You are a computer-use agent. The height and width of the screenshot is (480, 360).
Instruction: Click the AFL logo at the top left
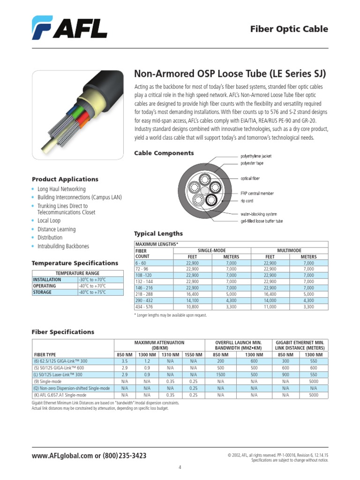(69, 28)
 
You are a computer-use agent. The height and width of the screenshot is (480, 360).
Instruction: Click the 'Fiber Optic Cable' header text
(296, 29)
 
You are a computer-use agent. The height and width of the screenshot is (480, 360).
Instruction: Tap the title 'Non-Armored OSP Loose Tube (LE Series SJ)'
(230, 74)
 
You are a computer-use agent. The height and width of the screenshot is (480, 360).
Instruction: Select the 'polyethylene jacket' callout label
(256, 156)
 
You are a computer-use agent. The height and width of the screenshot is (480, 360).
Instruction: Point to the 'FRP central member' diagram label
(257, 193)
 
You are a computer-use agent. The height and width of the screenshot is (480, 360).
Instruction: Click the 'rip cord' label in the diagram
(247, 201)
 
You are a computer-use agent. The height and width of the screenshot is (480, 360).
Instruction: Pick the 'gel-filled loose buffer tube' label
(262, 221)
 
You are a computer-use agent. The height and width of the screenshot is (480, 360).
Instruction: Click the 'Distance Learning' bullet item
(56, 229)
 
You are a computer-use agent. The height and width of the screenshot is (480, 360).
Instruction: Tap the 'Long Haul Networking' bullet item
(61, 189)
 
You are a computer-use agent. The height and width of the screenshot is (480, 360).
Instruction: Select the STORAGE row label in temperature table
(42, 292)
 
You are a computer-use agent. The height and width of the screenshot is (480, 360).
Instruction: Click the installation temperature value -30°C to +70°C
(92, 279)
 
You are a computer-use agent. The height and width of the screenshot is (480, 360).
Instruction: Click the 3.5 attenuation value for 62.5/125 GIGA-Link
(125, 362)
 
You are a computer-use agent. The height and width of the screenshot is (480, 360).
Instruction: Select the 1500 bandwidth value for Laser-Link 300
(220, 375)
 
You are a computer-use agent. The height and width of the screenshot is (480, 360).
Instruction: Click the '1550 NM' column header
(193, 354)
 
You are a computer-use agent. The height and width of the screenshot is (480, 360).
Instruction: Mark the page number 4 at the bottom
(180, 467)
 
